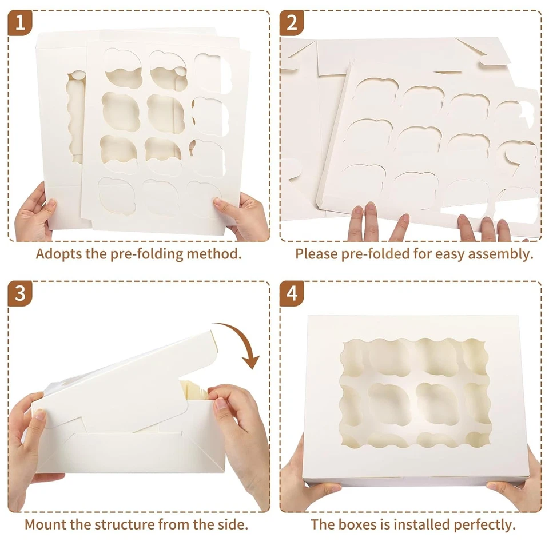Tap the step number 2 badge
pos(292,22)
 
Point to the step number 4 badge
pos(292,294)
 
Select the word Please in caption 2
pos(315,254)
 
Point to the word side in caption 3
pos(233,524)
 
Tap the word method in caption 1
pos(214,254)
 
